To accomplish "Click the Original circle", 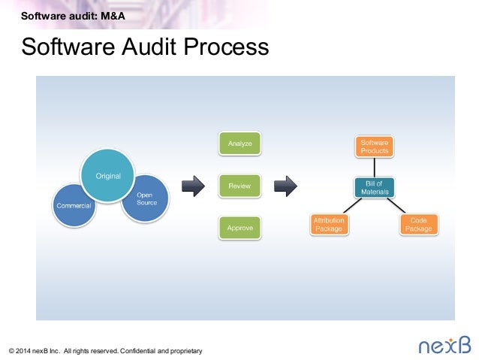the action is click(107, 176).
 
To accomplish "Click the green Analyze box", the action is click(239, 144).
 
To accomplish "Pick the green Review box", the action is click(239, 186).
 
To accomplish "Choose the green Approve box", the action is click(239, 228).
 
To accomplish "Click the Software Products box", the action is click(375, 147).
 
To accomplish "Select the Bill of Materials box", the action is click(375, 187).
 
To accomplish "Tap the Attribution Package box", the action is click(329, 225).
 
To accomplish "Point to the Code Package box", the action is click(418, 225).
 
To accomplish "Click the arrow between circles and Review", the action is click(193, 186).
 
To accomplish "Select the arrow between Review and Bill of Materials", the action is click(285, 186).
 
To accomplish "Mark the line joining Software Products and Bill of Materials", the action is click(375, 168).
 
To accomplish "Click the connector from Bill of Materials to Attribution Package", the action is click(353, 205).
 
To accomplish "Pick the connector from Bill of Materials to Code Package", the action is click(396, 205).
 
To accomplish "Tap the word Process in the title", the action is click(226, 47).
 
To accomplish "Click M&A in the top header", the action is click(113, 16).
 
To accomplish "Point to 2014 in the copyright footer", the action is click(23, 351).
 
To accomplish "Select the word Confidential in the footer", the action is click(138, 351).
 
